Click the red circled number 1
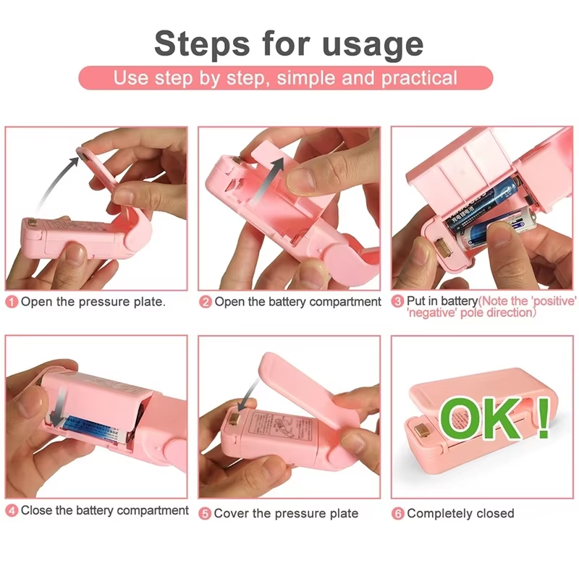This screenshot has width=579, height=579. tap(12, 302)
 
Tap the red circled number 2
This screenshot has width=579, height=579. tap(206, 302)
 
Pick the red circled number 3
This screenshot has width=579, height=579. tap(398, 301)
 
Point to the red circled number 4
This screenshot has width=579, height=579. tap(12, 511)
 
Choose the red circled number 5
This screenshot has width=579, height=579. tap(206, 513)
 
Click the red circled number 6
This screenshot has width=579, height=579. tap(398, 513)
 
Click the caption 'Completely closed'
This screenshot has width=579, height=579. tap(460, 513)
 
